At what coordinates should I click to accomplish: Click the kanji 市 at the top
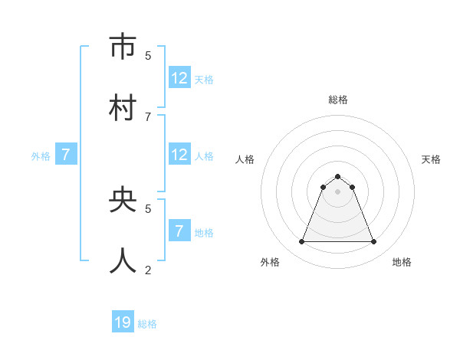pyautogui.click(x=123, y=47)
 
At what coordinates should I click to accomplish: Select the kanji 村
pyautogui.click(x=123, y=107)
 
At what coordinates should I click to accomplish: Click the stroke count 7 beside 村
pyautogui.click(x=148, y=116)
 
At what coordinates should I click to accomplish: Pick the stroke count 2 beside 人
pyautogui.click(x=148, y=270)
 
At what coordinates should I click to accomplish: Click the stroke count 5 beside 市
pyautogui.click(x=148, y=55)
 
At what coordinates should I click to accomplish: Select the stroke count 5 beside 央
pyautogui.click(x=148, y=208)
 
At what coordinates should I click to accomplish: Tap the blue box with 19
pyautogui.click(x=123, y=322)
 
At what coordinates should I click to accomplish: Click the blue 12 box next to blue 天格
pyautogui.click(x=179, y=78)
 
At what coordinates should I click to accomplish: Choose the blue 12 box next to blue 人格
pyautogui.click(x=179, y=155)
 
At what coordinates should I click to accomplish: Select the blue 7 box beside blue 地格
pyautogui.click(x=179, y=231)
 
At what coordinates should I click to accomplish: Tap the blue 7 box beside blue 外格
pyautogui.click(x=66, y=155)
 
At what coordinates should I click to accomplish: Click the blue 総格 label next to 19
pyautogui.click(x=147, y=324)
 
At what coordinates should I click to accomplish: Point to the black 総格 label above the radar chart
pyautogui.click(x=337, y=100)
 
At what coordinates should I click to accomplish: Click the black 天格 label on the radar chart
pyautogui.click(x=431, y=159)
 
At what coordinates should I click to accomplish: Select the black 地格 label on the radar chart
pyautogui.click(x=402, y=262)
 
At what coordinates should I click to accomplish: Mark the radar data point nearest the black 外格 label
pyautogui.click(x=301, y=242)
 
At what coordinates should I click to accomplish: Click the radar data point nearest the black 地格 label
pyautogui.click(x=373, y=242)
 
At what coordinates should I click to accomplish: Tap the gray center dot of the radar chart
pyautogui.click(x=337, y=191)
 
